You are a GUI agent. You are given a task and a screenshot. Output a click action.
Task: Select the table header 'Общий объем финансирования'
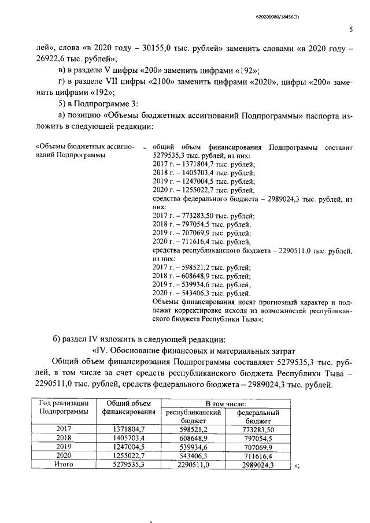[x=129, y=407]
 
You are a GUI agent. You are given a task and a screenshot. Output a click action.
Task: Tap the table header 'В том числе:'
[x=227, y=403]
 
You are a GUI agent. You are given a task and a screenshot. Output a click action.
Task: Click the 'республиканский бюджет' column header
[x=193, y=417]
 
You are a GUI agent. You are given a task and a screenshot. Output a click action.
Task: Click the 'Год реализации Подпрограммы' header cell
[x=64, y=407]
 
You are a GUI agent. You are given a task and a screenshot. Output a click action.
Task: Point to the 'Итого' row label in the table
[x=64, y=463]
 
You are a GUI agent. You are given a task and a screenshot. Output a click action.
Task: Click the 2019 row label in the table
[x=64, y=446]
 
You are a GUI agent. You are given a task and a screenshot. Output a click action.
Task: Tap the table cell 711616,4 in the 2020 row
[x=258, y=455]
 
